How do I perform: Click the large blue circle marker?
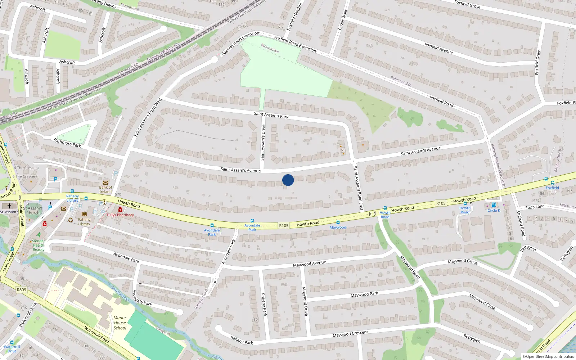[x=288, y=180]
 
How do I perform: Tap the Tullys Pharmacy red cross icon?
[x=120, y=210]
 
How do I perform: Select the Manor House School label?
[x=120, y=323]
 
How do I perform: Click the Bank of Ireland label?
[x=105, y=189]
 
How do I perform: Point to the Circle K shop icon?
[x=494, y=205]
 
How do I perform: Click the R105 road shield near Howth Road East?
[x=441, y=203]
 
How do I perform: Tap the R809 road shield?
[x=22, y=290]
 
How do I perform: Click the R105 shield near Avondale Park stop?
[x=284, y=226]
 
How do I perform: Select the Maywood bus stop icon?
[x=338, y=222]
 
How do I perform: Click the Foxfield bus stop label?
[x=552, y=188]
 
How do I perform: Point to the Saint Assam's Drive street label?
[x=263, y=143]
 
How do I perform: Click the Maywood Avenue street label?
[x=309, y=264]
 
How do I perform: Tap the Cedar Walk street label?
[x=343, y=20]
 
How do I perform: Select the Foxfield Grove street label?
[x=467, y=4]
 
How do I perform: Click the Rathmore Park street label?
[x=67, y=143]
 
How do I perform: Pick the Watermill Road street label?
[x=96, y=334]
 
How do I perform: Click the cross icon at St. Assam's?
[x=9, y=206]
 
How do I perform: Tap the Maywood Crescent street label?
[x=350, y=334]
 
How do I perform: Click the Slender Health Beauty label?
[x=39, y=245]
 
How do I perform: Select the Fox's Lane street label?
[x=535, y=207]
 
